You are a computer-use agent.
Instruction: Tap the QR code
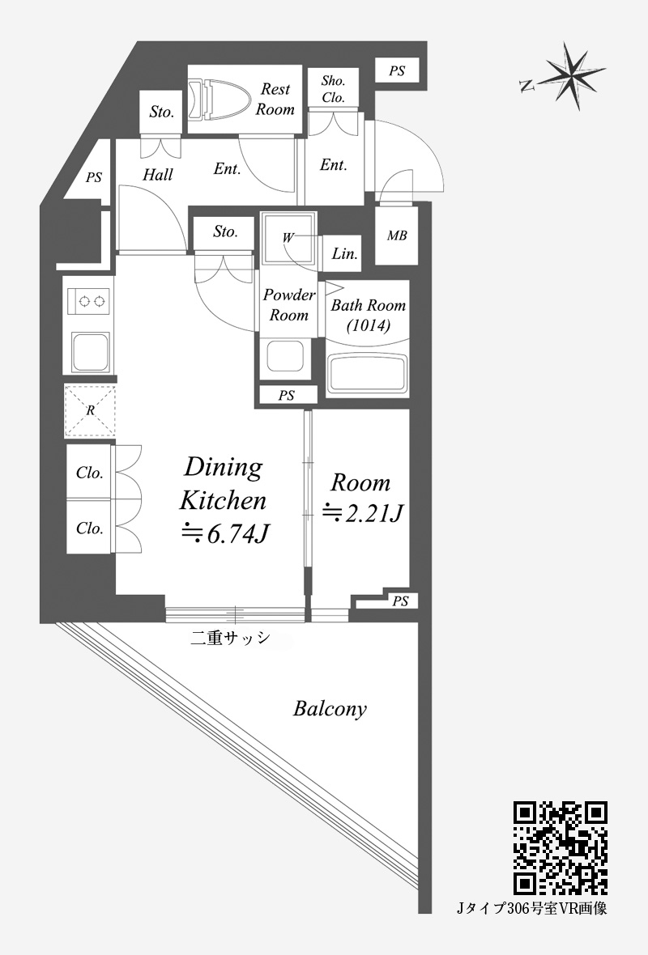561,848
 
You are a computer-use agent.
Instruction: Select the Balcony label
330,709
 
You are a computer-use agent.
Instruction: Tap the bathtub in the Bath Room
367,374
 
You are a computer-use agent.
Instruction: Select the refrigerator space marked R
90,410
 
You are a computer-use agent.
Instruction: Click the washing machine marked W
289,238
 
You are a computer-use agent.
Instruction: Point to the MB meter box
397,236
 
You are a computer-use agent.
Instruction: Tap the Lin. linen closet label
344,254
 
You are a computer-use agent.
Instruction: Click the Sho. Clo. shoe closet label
334,89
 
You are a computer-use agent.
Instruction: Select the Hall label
158,176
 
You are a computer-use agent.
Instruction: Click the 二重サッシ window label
230,638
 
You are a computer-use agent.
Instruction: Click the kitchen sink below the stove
90,352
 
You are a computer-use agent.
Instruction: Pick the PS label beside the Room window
400,602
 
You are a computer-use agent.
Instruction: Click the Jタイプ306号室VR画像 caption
532,909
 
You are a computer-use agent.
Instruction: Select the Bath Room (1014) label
369,316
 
